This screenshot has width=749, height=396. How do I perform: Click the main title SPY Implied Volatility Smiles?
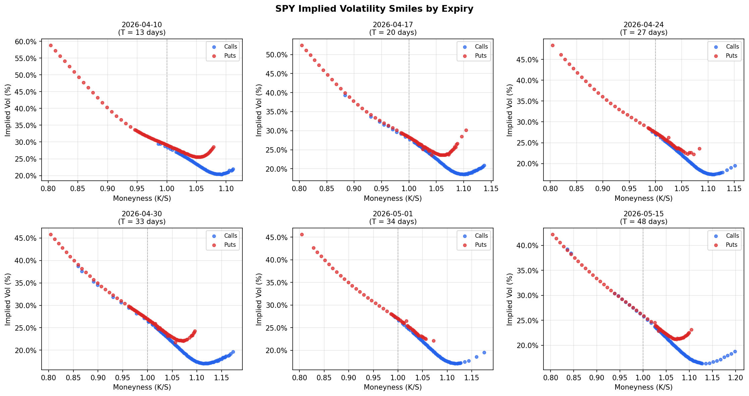coord(374,9)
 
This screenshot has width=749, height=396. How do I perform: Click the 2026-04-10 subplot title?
coord(141,25)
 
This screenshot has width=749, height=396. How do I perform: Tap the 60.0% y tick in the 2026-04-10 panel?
coord(25,42)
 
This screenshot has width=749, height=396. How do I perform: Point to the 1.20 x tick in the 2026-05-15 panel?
coord(735,378)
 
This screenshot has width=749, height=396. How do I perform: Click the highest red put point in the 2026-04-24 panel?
coord(553,45)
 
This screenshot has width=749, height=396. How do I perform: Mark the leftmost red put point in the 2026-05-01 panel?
coord(302,234)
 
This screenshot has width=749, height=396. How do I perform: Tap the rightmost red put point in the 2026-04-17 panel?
coord(466,130)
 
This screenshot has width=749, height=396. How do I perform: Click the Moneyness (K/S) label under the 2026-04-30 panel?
coord(142,387)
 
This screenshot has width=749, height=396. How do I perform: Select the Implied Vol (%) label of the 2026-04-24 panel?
coord(510,110)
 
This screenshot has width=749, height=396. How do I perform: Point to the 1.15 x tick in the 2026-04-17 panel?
coord(491,189)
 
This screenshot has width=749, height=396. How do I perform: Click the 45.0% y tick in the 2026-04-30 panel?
coord(25,238)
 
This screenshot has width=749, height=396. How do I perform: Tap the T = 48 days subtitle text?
coord(643,222)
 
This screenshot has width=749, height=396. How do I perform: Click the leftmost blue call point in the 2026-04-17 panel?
coord(345,95)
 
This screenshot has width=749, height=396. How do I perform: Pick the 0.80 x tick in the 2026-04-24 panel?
coord(550,189)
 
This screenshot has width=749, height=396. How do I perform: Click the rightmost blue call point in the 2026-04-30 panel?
coord(233,352)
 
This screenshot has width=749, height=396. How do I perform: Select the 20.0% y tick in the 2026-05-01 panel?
coord(276,350)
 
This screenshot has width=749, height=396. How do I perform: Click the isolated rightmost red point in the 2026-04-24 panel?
coord(699,149)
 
